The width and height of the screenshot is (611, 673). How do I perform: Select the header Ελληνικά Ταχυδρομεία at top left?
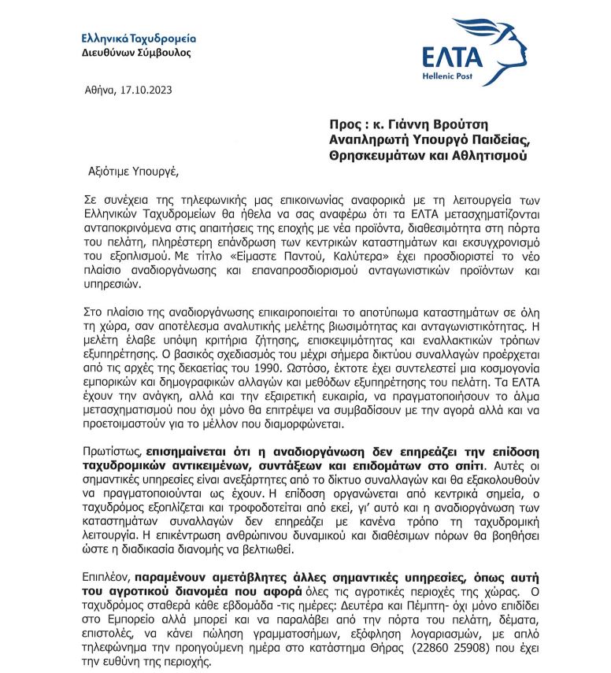(139, 39)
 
